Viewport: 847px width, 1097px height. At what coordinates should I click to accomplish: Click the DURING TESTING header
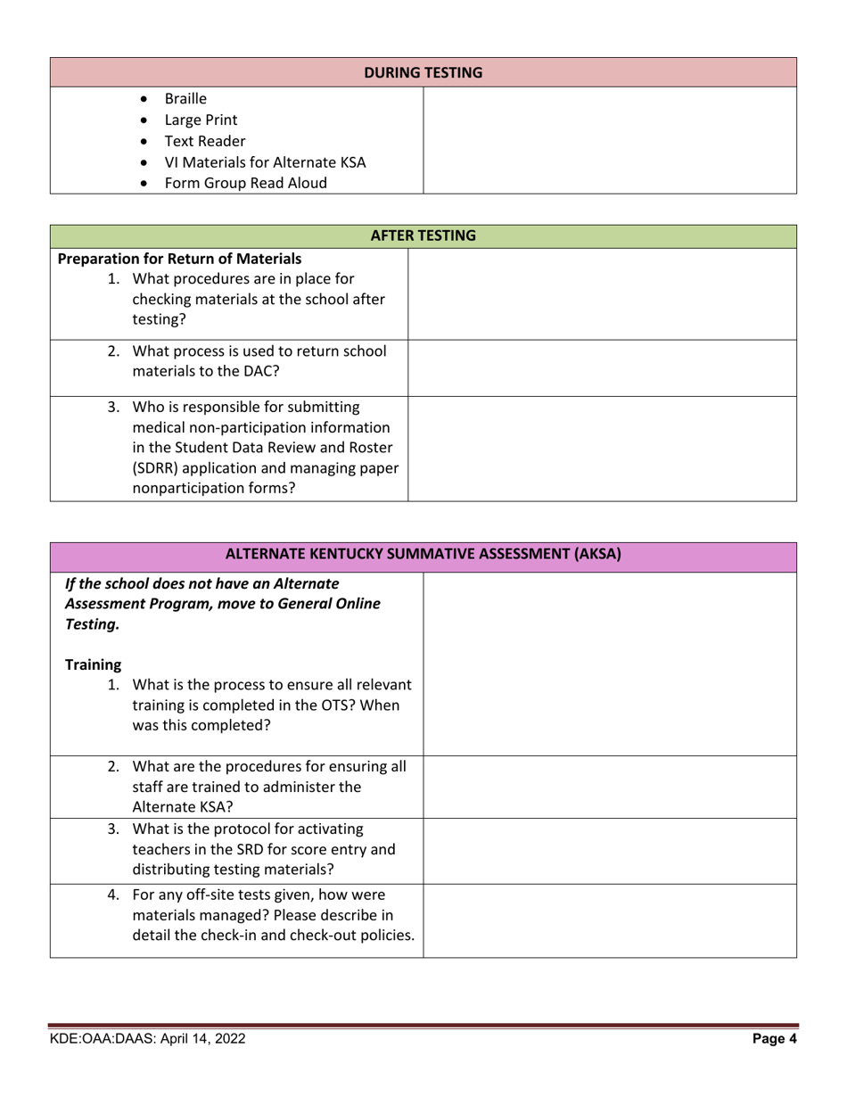click(x=423, y=72)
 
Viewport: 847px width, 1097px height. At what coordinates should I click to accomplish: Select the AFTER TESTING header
click(x=423, y=236)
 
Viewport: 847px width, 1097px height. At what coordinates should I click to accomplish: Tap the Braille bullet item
click(x=185, y=98)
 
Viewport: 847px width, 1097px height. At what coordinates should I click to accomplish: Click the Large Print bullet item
click(x=201, y=120)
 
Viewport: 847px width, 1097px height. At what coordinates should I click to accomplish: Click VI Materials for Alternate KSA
click(x=265, y=162)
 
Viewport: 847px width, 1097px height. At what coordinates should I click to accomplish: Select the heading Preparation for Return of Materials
click(x=179, y=260)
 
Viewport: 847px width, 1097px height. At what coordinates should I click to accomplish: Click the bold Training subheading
click(x=93, y=664)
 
